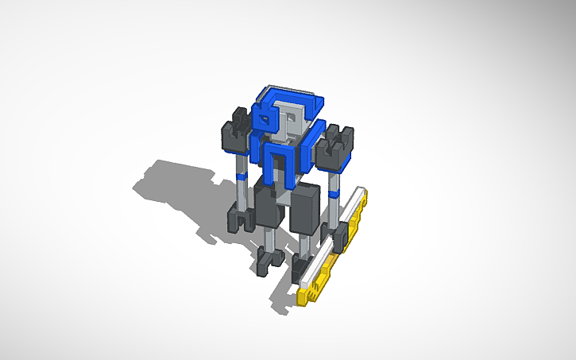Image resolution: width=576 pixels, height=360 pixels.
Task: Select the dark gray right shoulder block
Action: pos(334,147)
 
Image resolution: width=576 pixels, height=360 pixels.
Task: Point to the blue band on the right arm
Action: pos(334,192)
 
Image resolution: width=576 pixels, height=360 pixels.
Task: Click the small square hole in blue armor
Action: pos(263,119)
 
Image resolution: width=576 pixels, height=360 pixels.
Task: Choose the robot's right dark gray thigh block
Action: pos(306,211)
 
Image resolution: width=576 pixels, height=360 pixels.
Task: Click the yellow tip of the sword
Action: pos(306,298)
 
